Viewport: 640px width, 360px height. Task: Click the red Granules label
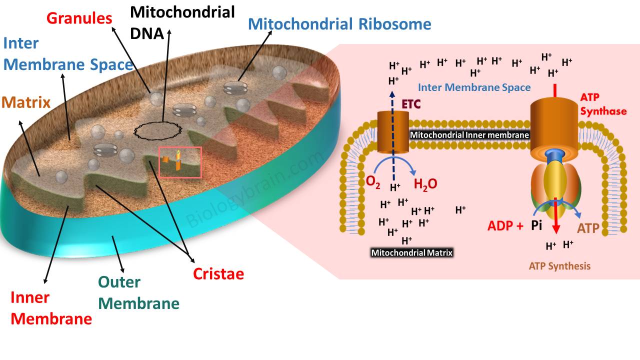click(x=79, y=18)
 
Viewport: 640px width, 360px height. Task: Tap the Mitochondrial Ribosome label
click(x=339, y=24)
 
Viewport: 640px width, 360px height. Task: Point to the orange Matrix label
click(x=26, y=103)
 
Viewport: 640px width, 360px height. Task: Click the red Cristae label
click(x=218, y=274)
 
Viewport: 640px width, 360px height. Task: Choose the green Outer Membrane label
click(x=138, y=292)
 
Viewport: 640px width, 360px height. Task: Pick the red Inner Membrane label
click(x=51, y=308)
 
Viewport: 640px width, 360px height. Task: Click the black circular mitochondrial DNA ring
click(x=158, y=130)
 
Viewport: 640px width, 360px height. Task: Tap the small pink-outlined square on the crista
click(x=180, y=162)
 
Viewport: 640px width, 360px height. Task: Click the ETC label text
click(x=412, y=105)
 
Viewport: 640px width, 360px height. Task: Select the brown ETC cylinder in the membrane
click(x=393, y=132)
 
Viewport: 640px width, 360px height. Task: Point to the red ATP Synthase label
click(x=603, y=104)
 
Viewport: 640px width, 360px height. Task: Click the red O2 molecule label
click(x=373, y=183)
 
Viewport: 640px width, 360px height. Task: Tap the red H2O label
click(x=425, y=183)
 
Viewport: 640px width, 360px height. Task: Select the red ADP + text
click(x=505, y=226)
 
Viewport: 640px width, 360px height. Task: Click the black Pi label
click(x=536, y=225)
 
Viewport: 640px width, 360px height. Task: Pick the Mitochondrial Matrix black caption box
click(x=411, y=253)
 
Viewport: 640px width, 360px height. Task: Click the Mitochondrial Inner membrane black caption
click(x=469, y=134)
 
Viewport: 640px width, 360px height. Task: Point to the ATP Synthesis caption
click(x=559, y=266)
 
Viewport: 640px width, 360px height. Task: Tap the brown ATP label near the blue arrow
click(x=588, y=228)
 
